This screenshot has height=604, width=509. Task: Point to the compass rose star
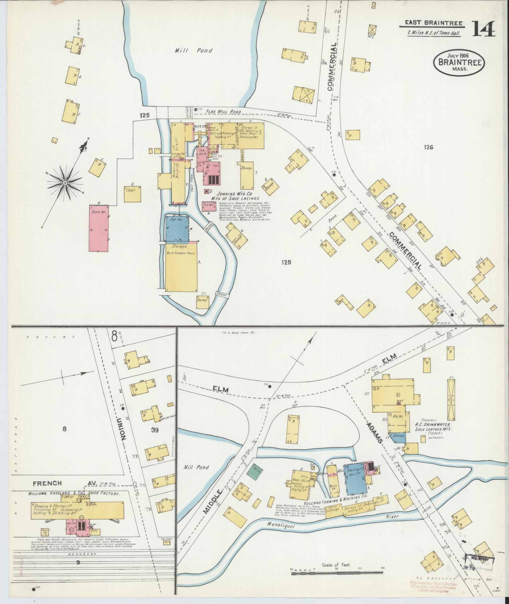(65, 182)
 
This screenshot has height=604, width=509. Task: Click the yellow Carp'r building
(132, 194)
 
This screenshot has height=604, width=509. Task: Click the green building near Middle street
(255, 472)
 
